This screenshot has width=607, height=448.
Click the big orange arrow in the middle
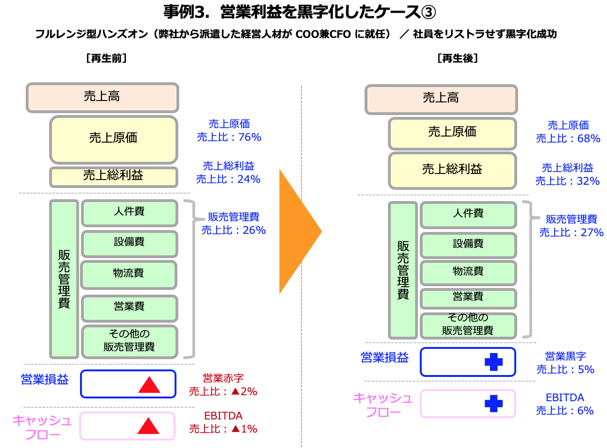(x=298, y=231)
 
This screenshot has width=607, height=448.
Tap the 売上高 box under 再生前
(x=102, y=98)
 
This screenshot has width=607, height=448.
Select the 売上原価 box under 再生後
(x=452, y=133)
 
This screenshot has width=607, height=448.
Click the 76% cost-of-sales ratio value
(x=249, y=137)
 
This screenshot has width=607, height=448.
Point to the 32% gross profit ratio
(x=588, y=181)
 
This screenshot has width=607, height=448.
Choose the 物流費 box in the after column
(x=468, y=273)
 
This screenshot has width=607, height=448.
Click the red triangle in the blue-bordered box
(x=149, y=384)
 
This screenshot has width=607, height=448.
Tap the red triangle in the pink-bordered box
(x=148, y=426)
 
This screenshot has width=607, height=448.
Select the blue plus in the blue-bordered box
(x=493, y=362)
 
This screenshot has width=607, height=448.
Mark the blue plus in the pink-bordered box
(x=493, y=404)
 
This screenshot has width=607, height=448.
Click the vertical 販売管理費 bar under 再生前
(x=64, y=279)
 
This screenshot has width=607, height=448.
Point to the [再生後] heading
(x=458, y=58)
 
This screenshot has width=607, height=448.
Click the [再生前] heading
(x=106, y=58)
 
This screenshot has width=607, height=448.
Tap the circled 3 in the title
(x=428, y=13)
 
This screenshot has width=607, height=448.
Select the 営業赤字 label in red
(x=223, y=378)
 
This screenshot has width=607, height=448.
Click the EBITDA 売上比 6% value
(x=565, y=411)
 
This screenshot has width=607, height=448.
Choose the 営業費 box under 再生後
(x=468, y=298)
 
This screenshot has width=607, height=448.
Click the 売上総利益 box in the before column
(x=114, y=177)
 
